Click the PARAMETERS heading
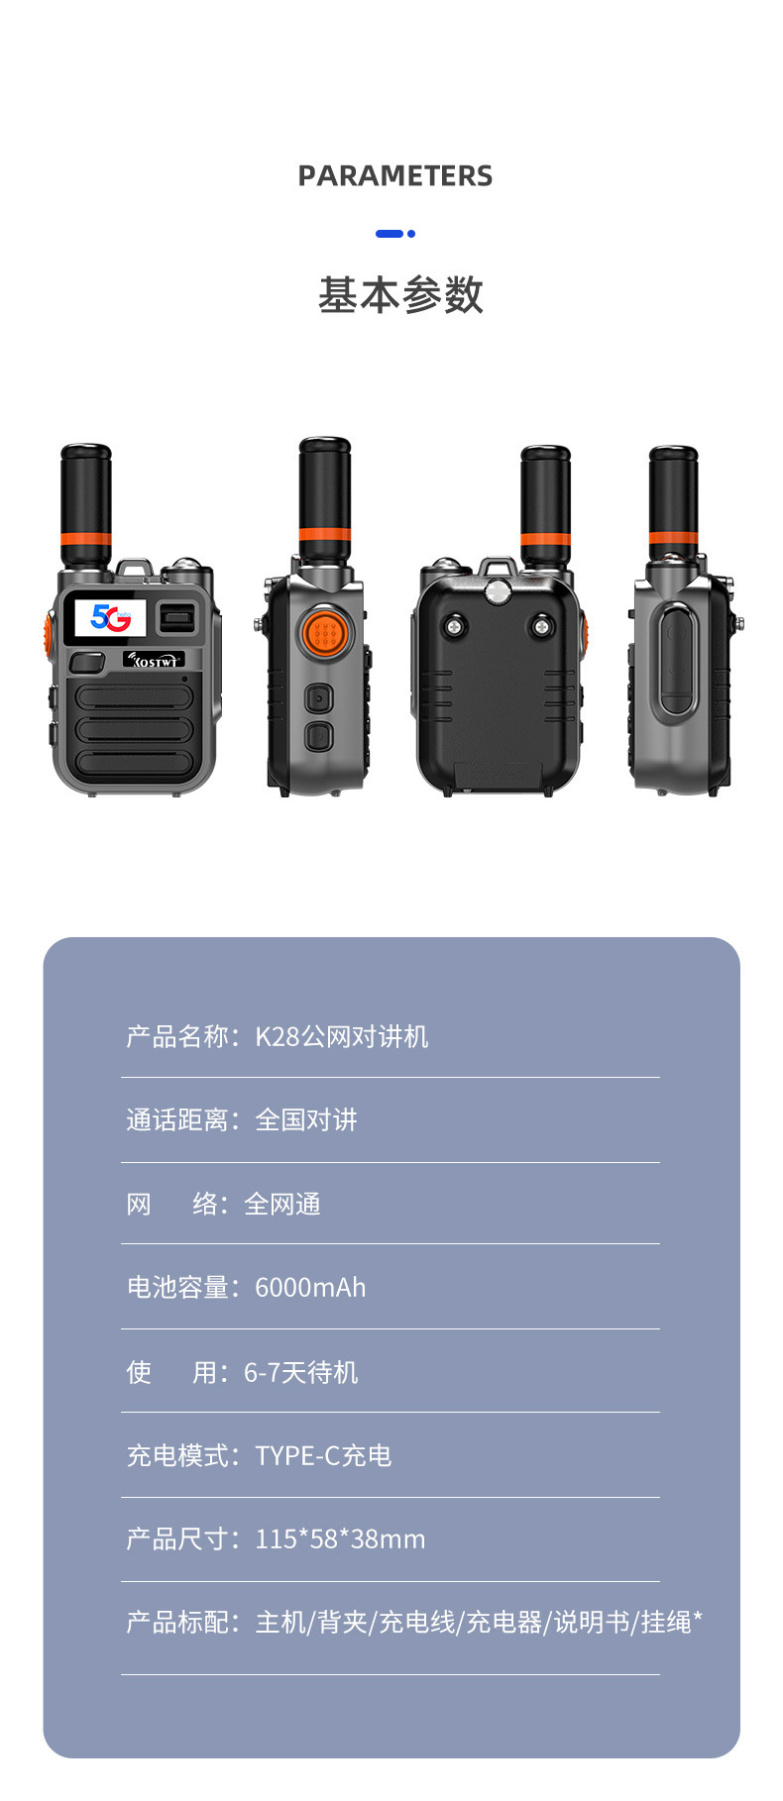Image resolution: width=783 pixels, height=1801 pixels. (394, 176)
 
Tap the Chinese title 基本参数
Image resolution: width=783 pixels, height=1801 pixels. (400, 295)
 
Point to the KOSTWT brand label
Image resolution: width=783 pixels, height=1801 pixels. (154, 660)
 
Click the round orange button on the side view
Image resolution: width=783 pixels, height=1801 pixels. (324, 632)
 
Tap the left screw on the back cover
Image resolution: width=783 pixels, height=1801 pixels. (455, 626)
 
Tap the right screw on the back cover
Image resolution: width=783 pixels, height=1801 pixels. (542, 626)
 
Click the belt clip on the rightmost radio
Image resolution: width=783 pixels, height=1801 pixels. (677, 658)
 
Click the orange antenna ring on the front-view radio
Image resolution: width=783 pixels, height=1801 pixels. (86, 540)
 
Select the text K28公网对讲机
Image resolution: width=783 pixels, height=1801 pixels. (342, 1037)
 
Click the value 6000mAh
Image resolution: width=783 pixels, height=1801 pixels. (310, 1288)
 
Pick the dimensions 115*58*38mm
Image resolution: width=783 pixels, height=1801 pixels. (340, 1539)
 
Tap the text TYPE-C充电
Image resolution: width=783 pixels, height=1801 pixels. (323, 1455)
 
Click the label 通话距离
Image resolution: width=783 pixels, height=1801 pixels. (177, 1120)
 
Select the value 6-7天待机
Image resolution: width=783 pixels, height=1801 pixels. (301, 1372)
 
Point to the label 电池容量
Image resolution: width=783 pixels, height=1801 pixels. (177, 1288)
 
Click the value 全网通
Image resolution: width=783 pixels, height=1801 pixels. (282, 1205)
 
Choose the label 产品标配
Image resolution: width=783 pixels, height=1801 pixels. (177, 1623)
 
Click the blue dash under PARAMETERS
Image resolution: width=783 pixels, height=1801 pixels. (390, 234)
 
